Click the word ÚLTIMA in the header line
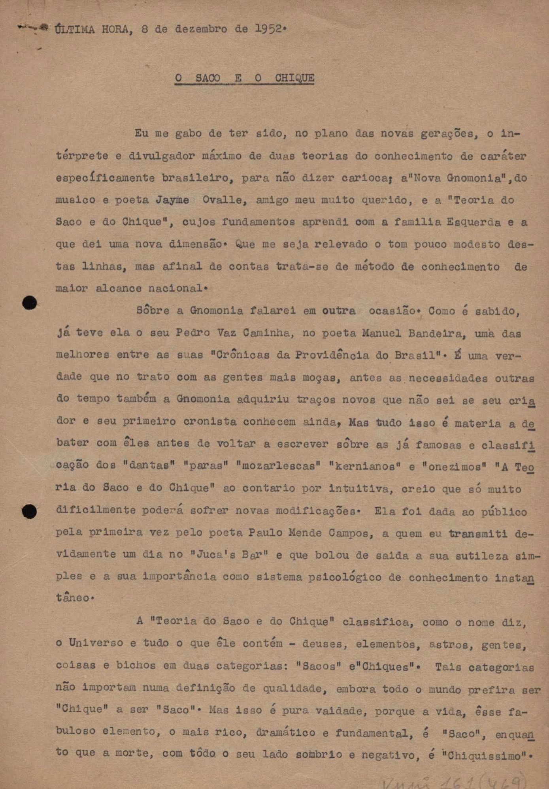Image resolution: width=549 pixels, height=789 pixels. click(x=75, y=29)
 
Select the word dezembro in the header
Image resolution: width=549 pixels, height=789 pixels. click(x=201, y=29)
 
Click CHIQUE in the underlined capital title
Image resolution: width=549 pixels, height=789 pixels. click(x=294, y=78)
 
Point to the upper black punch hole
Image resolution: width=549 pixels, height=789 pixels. click(x=30, y=303)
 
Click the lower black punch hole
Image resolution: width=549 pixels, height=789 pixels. click(x=30, y=511)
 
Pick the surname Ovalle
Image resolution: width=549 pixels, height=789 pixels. click(x=225, y=200)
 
